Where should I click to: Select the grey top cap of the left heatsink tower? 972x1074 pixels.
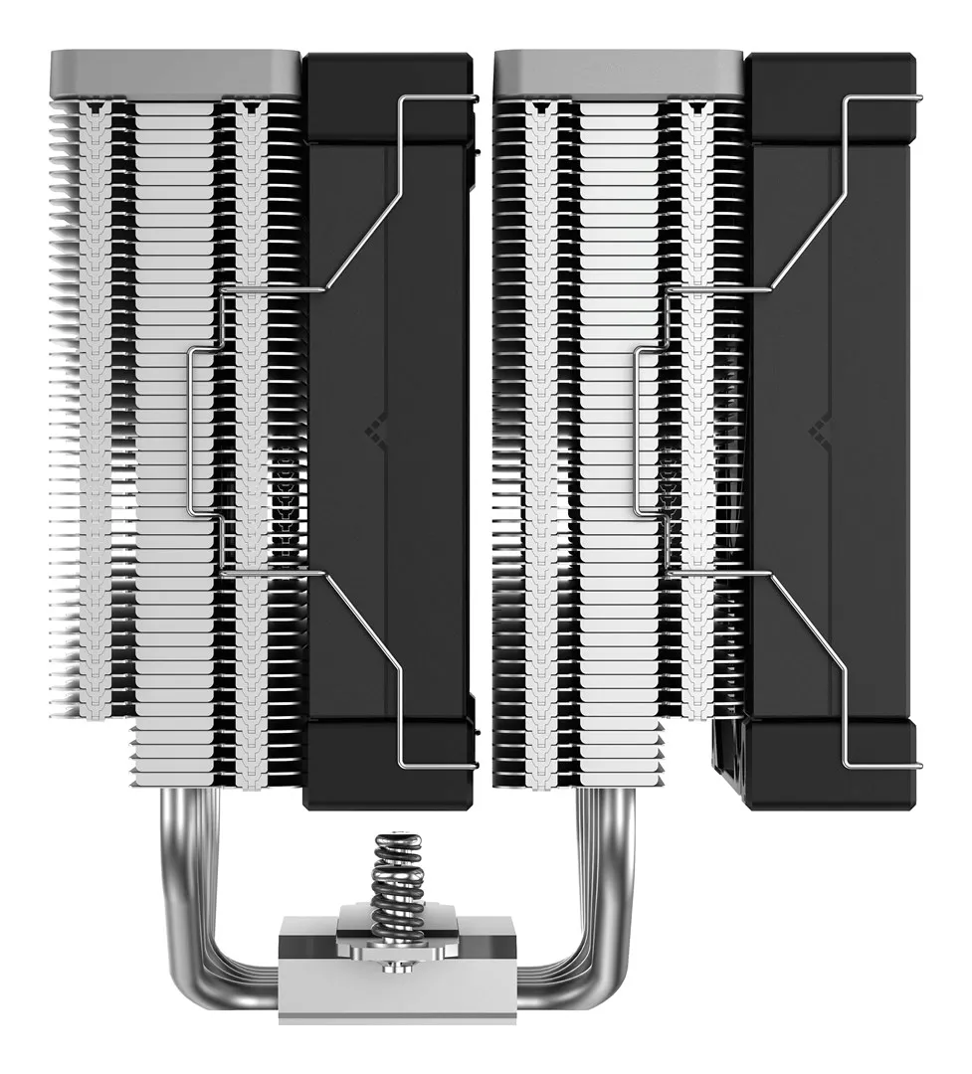[x=175, y=74]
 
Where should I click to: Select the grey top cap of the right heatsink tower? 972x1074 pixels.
[x=619, y=74]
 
